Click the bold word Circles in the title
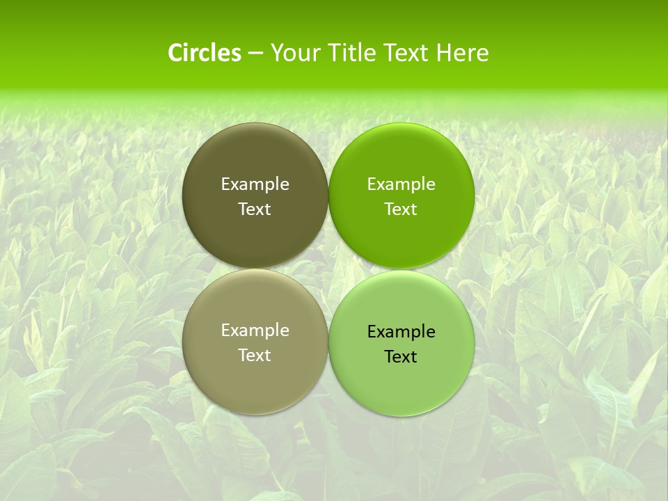tap(205, 53)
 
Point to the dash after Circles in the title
tap(255, 54)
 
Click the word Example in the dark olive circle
tap(255, 184)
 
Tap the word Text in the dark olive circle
tap(255, 209)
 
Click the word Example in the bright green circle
tap(401, 184)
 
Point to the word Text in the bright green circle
tap(401, 209)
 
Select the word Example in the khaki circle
tap(255, 331)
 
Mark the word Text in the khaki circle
tap(255, 356)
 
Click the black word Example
tap(401, 332)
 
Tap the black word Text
tap(401, 357)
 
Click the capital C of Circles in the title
tap(175, 53)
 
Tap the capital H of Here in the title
tap(444, 53)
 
